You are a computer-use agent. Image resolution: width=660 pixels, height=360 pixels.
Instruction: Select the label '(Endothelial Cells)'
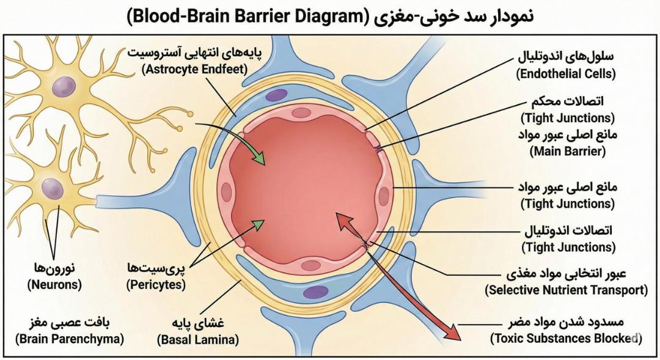566,74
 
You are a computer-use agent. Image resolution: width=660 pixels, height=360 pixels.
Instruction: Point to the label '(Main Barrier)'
567,151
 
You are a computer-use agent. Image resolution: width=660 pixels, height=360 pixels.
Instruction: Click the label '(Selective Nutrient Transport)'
566,290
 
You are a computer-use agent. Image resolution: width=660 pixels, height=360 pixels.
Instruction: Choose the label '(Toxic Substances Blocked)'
566,339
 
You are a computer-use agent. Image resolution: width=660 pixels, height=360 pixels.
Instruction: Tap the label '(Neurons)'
54,285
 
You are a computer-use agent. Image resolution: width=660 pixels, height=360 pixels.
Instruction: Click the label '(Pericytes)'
156,285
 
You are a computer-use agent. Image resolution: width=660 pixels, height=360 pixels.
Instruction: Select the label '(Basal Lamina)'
198,339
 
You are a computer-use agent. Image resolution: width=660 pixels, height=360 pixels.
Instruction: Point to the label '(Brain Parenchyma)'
70,339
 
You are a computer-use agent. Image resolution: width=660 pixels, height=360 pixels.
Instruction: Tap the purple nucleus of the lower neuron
52,188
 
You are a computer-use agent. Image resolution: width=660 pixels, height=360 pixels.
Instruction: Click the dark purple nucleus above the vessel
277,95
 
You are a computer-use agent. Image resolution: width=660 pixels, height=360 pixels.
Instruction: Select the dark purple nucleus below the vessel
316,292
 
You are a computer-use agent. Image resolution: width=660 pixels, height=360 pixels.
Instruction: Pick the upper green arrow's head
260,158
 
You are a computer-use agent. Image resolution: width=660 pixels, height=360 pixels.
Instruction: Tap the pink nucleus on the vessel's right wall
384,196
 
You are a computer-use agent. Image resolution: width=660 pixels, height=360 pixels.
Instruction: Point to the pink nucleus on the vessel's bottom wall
311,266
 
